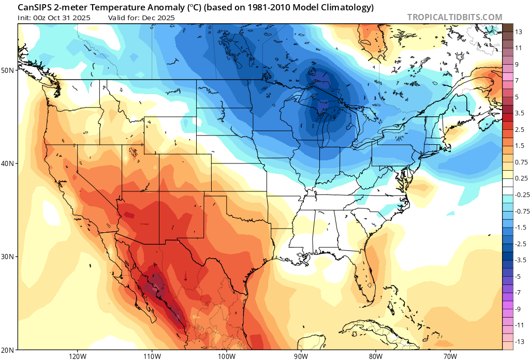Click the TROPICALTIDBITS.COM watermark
454,17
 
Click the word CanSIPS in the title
34,7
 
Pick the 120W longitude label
77,356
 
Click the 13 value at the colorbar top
518,32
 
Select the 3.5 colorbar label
519,113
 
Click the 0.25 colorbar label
521,178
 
